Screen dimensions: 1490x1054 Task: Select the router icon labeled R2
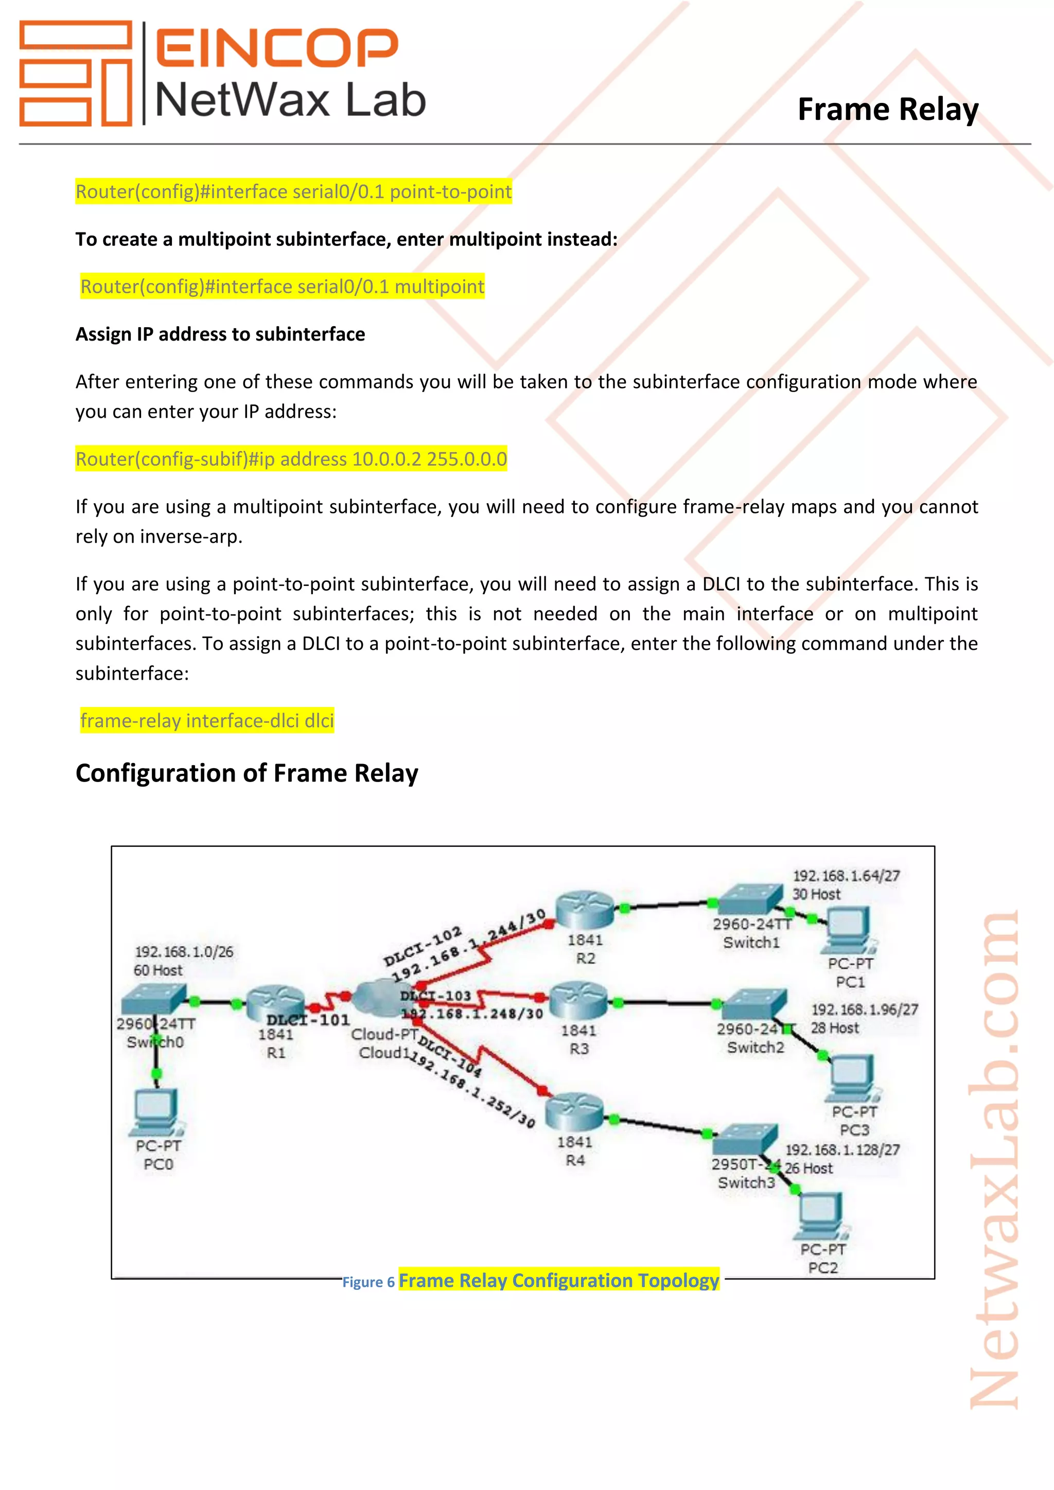[x=585, y=909]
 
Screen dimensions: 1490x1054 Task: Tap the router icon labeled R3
[x=579, y=1000]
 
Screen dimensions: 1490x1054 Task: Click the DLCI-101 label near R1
[x=308, y=1020]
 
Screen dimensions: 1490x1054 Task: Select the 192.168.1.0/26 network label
[x=184, y=951]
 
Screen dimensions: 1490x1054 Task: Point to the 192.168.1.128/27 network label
[x=842, y=1149]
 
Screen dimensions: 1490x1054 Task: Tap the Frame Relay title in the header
[x=887, y=109]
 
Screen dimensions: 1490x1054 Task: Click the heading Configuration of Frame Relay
[x=247, y=773]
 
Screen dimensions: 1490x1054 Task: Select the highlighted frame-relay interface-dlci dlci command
[x=207, y=720]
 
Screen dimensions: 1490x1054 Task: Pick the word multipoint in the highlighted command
[x=440, y=286]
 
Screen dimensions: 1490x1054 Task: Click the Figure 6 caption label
[x=368, y=1282]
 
